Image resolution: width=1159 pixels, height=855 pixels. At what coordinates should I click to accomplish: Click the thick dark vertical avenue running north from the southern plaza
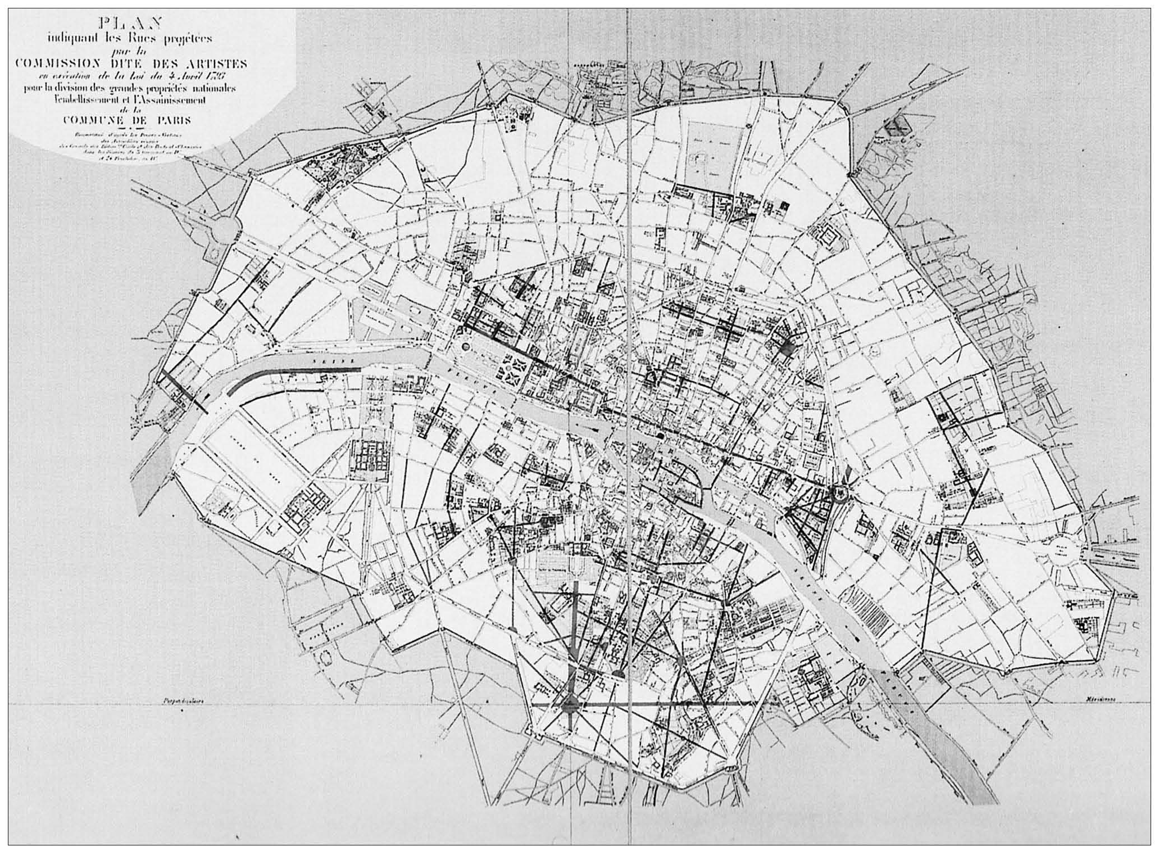pos(576,635)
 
